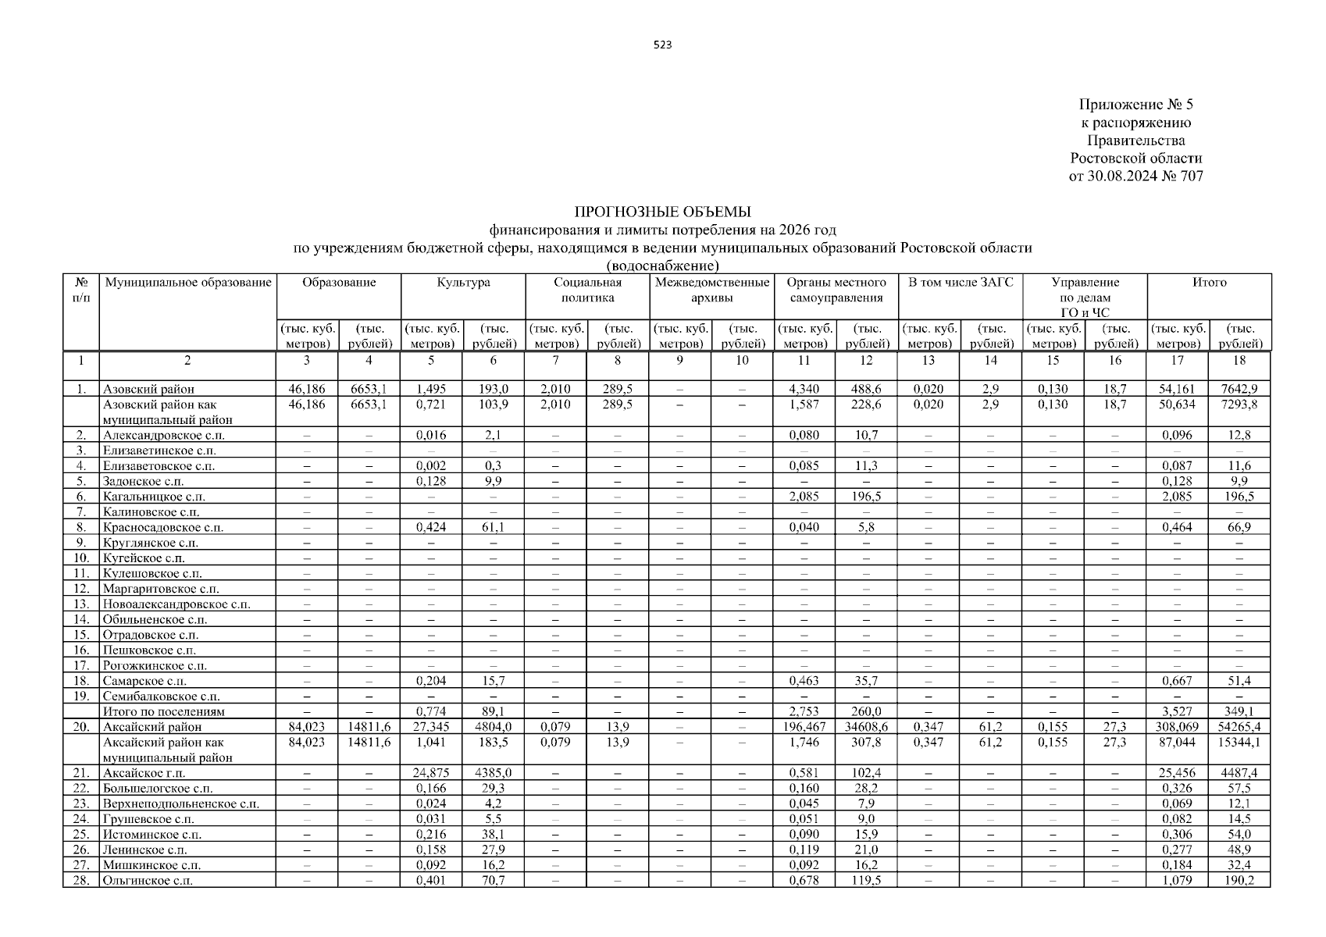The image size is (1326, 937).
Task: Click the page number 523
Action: point(662,45)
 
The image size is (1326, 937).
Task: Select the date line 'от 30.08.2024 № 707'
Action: point(1135,176)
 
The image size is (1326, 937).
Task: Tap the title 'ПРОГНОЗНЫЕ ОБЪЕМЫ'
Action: point(662,212)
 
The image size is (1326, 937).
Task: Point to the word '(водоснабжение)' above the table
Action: point(662,266)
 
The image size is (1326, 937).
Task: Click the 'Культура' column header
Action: point(463,283)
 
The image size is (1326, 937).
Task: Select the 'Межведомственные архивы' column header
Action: point(711,290)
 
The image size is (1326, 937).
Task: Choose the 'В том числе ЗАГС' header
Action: point(960,283)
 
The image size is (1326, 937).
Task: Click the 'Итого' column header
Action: point(1208,283)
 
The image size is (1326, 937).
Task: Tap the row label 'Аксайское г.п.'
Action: point(144,773)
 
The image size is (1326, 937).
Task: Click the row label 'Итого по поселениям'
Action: point(164,711)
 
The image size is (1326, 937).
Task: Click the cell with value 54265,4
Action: point(1239,727)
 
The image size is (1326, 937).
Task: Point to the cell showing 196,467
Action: point(804,727)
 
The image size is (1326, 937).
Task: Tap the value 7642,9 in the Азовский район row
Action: point(1239,389)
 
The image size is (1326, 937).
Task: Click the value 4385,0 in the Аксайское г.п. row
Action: point(494,773)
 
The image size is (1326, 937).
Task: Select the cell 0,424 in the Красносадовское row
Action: point(431,527)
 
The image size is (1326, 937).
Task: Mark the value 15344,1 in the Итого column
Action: point(1239,743)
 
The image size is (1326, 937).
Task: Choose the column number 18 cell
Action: point(1239,361)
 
